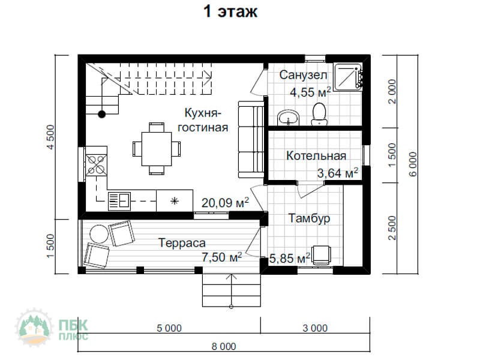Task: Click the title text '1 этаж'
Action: [x=230, y=11]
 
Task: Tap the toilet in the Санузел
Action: [x=320, y=114]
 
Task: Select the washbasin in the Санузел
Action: [x=289, y=118]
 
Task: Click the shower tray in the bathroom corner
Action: [x=349, y=77]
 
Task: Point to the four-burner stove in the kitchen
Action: [x=97, y=164]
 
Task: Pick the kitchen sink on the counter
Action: [x=119, y=201]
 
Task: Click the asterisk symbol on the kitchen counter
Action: [x=175, y=201]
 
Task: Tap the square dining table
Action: [x=157, y=149]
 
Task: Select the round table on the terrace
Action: [x=99, y=234]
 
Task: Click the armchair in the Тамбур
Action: [x=321, y=254]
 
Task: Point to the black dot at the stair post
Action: [x=101, y=114]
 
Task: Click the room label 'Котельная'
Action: [x=316, y=156]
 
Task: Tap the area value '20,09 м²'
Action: [x=225, y=202]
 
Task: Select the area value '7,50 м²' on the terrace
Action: [x=221, y=257]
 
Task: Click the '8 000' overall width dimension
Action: [x=224, y=347]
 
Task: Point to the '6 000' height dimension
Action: [x=413, y=164]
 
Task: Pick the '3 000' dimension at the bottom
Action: [x=315, y=328]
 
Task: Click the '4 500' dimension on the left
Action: [x=51, y=137]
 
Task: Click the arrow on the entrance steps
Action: [x=232, y=291]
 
